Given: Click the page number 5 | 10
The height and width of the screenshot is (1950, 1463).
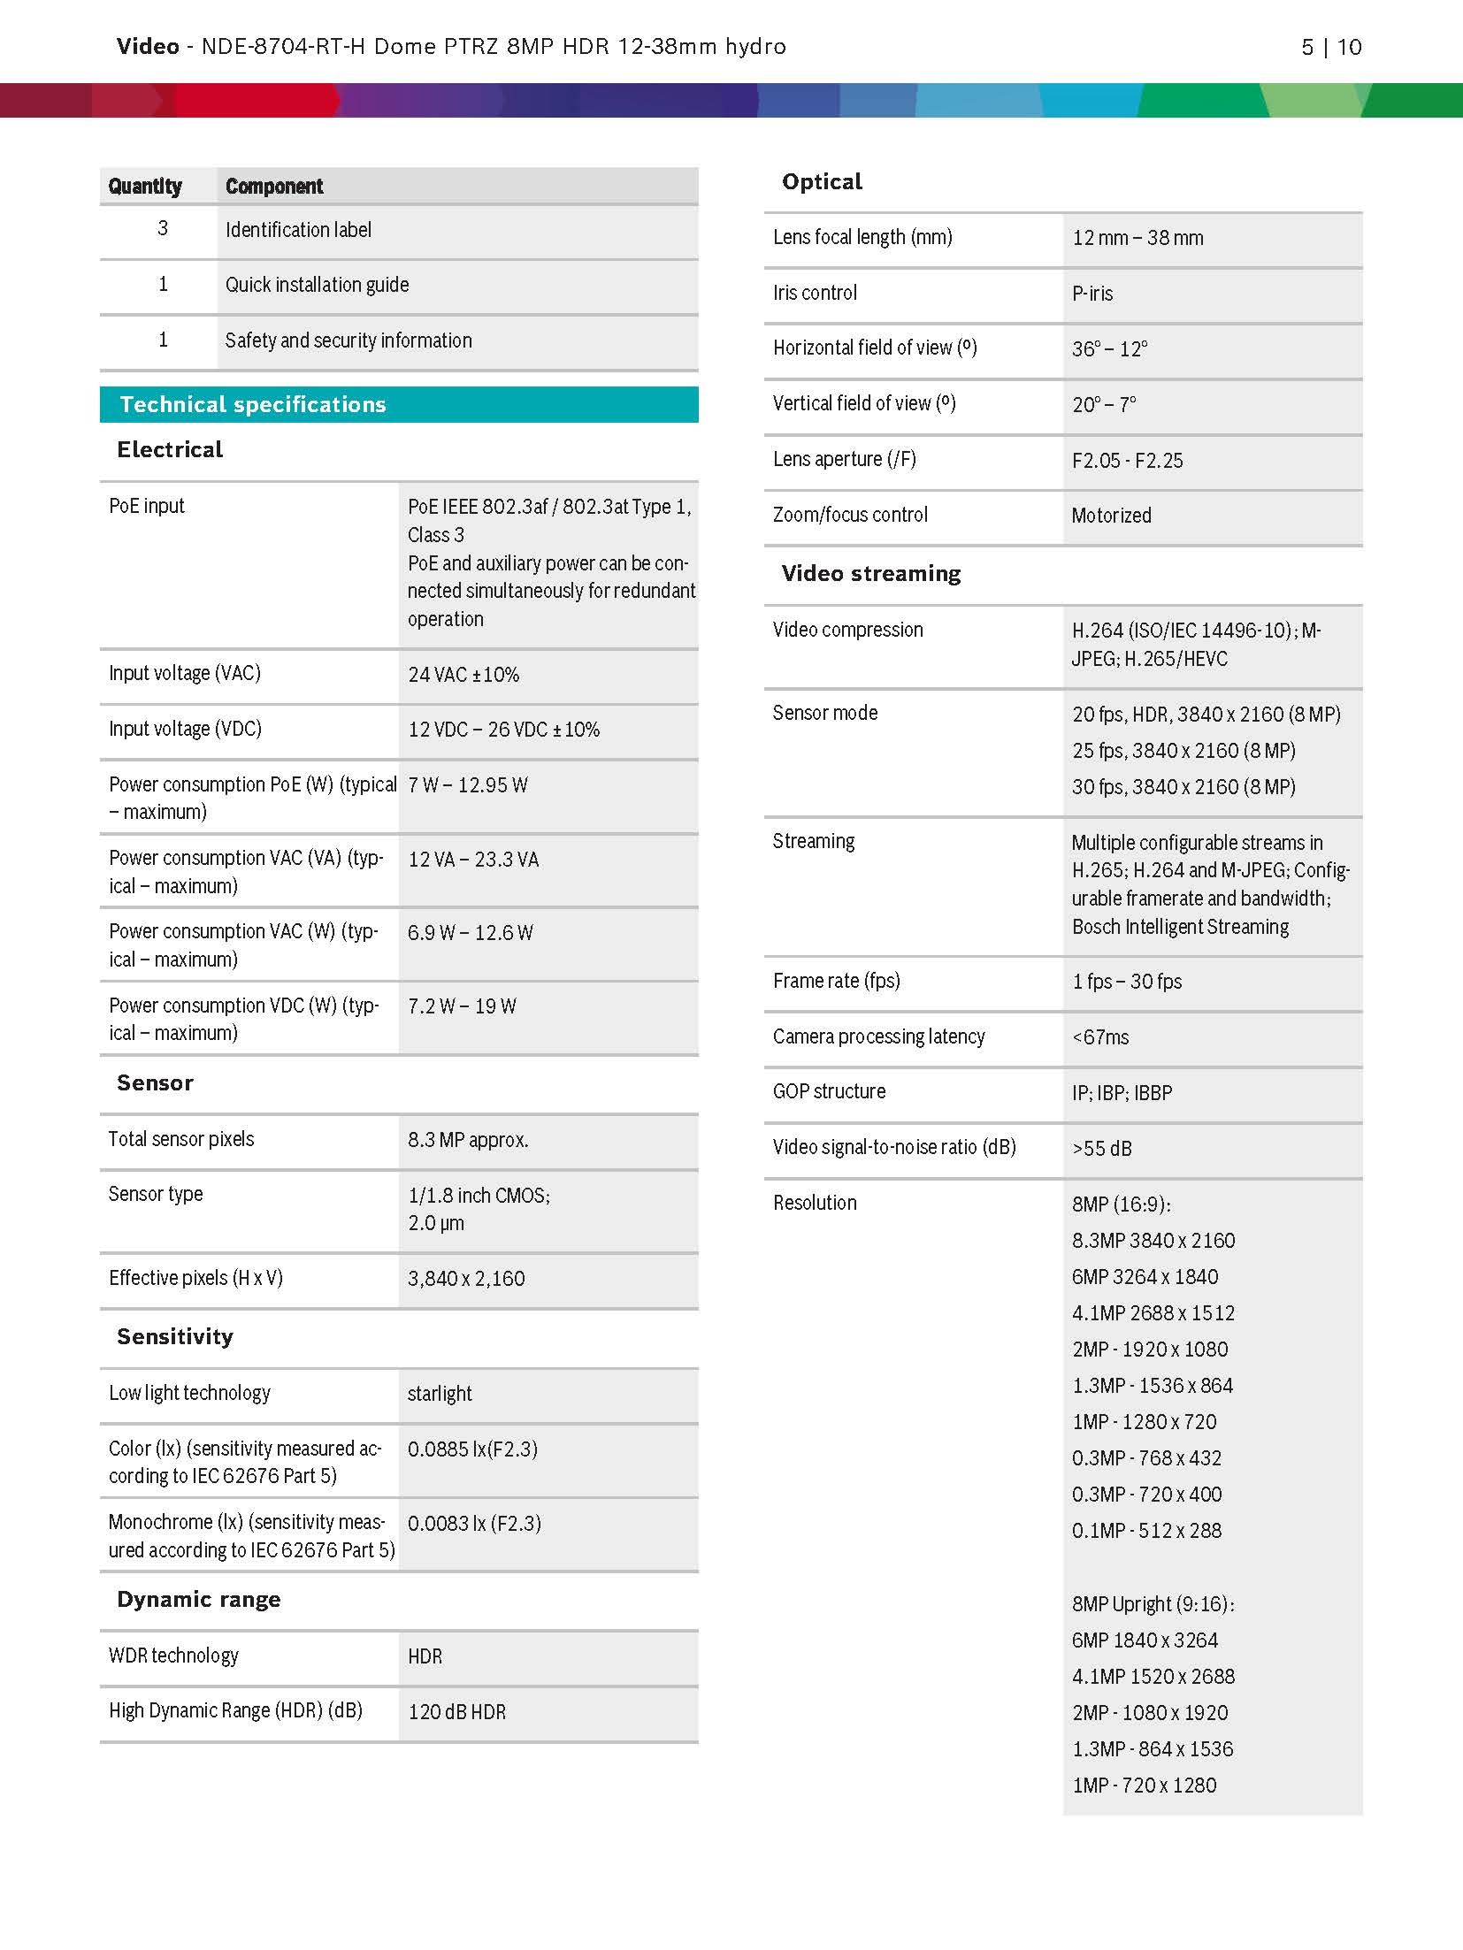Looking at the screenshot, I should click(x=1330, y=47).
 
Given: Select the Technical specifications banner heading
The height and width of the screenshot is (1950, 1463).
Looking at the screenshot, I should click(x=253, y=404).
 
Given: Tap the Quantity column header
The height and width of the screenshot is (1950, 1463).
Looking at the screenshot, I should click(x=145, y=187).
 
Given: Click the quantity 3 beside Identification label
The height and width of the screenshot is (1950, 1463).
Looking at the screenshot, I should click(x=163, y=228).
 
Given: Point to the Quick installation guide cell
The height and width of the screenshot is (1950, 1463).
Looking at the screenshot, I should click(x=317, y=285).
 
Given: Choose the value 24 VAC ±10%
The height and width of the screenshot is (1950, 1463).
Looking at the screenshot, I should click(x=463, y=675).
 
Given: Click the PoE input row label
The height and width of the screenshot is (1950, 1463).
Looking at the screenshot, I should click(x=147, y=506).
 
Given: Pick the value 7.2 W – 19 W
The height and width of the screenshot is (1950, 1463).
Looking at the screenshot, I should click(x=462, y=1006).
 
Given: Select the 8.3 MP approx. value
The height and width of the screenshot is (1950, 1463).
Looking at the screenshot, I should click(x=468, y=1140).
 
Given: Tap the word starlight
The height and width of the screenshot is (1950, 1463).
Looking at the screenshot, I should click(x=440, y=1394).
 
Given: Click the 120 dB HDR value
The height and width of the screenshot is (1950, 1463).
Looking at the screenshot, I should click(x=456, y=1712).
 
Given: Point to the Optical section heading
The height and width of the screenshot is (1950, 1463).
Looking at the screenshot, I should click(x=822, y=182).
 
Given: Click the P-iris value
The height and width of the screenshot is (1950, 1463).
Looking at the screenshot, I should click(x=1092, y=294).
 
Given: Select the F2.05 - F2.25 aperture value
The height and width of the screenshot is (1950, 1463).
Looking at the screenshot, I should click(x=1127, y=461).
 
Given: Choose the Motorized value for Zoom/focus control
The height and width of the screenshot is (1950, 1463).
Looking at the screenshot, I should click(x=1111, y=516).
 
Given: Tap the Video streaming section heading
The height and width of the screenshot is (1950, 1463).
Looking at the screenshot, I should click(x=871, y=574).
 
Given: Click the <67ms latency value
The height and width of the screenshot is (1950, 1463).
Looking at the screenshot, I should click(x=1100, y=1037).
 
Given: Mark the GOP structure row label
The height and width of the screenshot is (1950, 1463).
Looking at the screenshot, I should click(x=829, y=1091).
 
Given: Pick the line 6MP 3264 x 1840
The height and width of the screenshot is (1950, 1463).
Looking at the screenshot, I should click(x=1145, y=1277).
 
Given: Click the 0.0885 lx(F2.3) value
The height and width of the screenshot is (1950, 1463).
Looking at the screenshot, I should click(x=472, y=1449).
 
